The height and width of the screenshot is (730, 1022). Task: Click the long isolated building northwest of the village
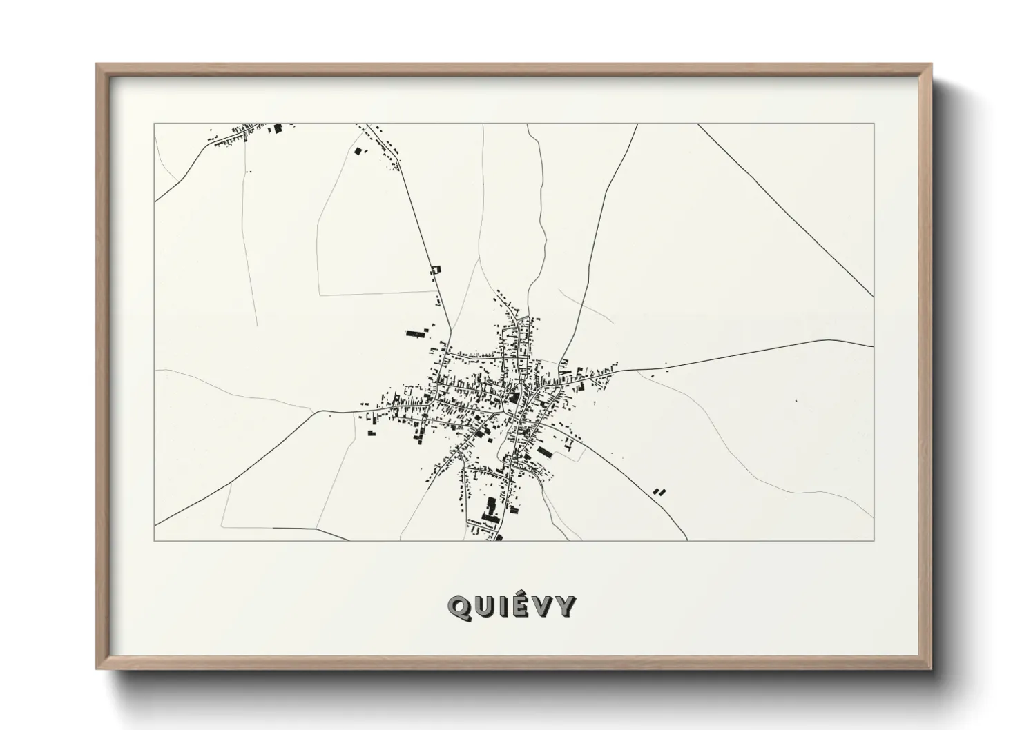click(415, 333)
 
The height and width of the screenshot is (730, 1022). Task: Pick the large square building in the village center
click(514, 397)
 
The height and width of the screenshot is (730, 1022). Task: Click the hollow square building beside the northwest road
click(434, 270)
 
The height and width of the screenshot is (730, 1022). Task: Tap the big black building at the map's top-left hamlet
click(278, 128)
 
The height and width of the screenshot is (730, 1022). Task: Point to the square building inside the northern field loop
click(357, 150)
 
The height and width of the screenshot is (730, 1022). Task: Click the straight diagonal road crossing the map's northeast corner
click(787, 211)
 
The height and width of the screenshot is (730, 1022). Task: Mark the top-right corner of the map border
click(874, 124)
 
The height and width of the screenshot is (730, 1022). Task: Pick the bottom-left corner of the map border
click(154, 540)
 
